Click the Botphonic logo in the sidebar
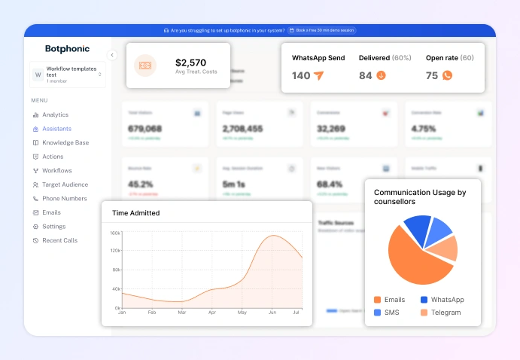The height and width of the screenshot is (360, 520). (x=67, y=49)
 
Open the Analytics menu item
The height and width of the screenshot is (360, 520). (x=54, y=115)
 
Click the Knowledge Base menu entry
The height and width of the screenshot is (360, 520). (x=65, y=142)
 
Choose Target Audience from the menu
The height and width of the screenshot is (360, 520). (x=64, y=185)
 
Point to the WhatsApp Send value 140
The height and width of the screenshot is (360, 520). (x=301, y=75)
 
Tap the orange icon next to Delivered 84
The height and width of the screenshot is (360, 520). (x=381, y=75)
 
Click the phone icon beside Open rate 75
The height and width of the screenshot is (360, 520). (x=447, y=75)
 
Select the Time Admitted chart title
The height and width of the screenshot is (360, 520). (x=135, y=213)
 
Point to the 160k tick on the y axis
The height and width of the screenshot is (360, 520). (x=115, y=233)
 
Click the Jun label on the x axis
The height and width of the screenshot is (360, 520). (x=272, y=312)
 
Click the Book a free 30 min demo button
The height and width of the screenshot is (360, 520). (x=321, y=30)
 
